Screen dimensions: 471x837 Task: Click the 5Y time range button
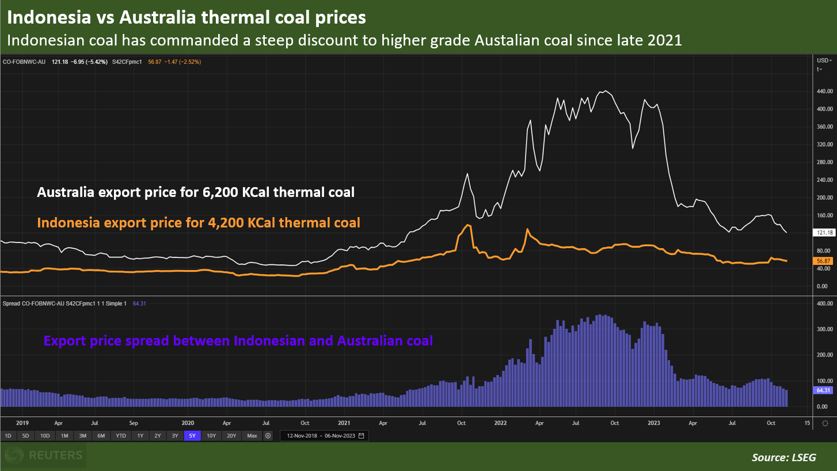pyautogui.click(x=192, y=436)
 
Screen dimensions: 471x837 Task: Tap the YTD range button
pyautogui.click(x=120, y=436)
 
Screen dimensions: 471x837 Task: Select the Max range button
pyautogui.click(x=252, y=436)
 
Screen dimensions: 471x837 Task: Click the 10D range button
pyautogui.click(x=44, y=436)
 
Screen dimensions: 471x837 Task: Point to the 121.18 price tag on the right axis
pyautogui.click(x=825, y=233)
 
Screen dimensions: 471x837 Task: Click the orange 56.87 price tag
pyautogui.click(x=825, y=261)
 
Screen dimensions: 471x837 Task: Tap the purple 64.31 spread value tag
pyautogui.click(x=825, y=390)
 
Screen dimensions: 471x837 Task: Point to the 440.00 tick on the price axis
pyautogui.click(x=825, y=92)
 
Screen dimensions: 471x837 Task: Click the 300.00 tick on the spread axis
pyautogui.click(x=825, y=329)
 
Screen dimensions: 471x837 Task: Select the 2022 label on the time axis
pyautogui.click(x=500, y=423)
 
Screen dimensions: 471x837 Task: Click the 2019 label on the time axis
pyautogui.click(x=22, y=423)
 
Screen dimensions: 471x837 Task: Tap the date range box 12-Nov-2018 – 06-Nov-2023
pyautogui.click(x=324, y=436)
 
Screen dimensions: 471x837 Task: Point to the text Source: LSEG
pyautogui.click(x=783, y=458)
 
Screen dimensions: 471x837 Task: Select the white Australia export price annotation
pyautogui.click(x=196, y=192)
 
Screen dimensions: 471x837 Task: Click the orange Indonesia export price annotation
pyautogui.click(x=199, y=222)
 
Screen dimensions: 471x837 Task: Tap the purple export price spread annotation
pyautogui.click(x=238, y=341)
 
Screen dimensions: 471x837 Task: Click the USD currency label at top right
pyautogui.click(x=823, y=60)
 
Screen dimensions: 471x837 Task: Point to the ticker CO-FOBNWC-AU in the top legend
pyautogui.click(x=24, y=61)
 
